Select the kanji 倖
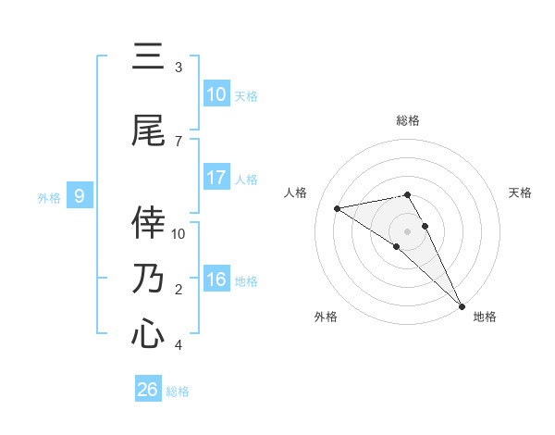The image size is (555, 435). pyautogui.click(x=148, y=222)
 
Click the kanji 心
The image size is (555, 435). pyautogui.click(x=148, y=333)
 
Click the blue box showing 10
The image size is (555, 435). pyautogui.click(x=216, y=94)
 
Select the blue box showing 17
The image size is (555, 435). pyautogui.click(x=216, y=178)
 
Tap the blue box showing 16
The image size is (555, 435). pyautogui.click(x=216, y=280)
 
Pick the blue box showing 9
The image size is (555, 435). pyautogui.click(x=80, y=196)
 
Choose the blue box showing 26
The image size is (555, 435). pyautogui.click(x=148, y=390)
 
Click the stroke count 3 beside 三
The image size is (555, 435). pyautogui.click(x=179, y=68)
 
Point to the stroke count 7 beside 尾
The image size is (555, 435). pyautogui.click(x=179, y=141)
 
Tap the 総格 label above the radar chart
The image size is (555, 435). pyautogui.click(x=408, y=120)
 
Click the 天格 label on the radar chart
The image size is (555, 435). pyautogui.click(x=521, y=193)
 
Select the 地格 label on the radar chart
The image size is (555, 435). pyautogui.click(x=485, y=317)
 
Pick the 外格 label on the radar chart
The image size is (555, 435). pyautogui.click(x=326, y=317)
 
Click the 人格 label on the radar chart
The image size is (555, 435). pyautogui.click(x=296, y=193)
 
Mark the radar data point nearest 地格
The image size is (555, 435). pyautogui.click(x=461, y=305)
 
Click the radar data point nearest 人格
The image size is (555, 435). pyautogui.click(x=338, y=208)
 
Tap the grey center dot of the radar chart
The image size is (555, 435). pyautogui.click(x=408, y=231)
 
